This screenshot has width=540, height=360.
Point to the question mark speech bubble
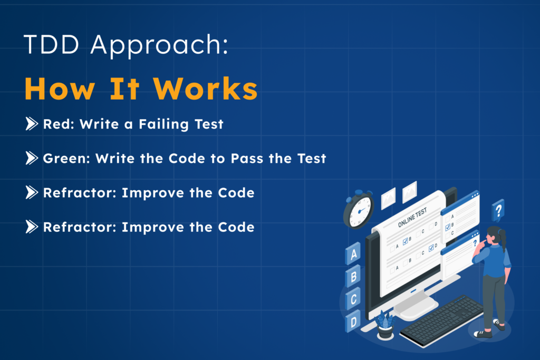[498, 210]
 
